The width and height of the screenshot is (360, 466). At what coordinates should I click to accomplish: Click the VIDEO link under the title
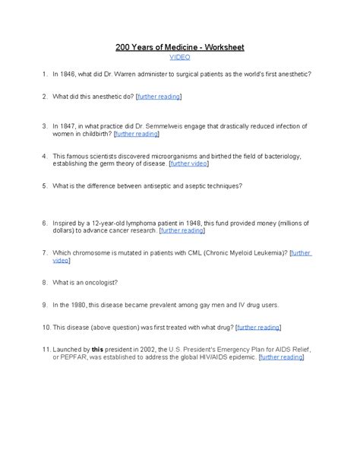coord(179,57)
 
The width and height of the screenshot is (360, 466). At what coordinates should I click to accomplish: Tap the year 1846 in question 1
coord(70,74)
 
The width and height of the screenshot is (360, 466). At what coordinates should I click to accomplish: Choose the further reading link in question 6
coord(182,230)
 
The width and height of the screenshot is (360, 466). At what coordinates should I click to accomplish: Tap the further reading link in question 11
coord(281,356)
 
